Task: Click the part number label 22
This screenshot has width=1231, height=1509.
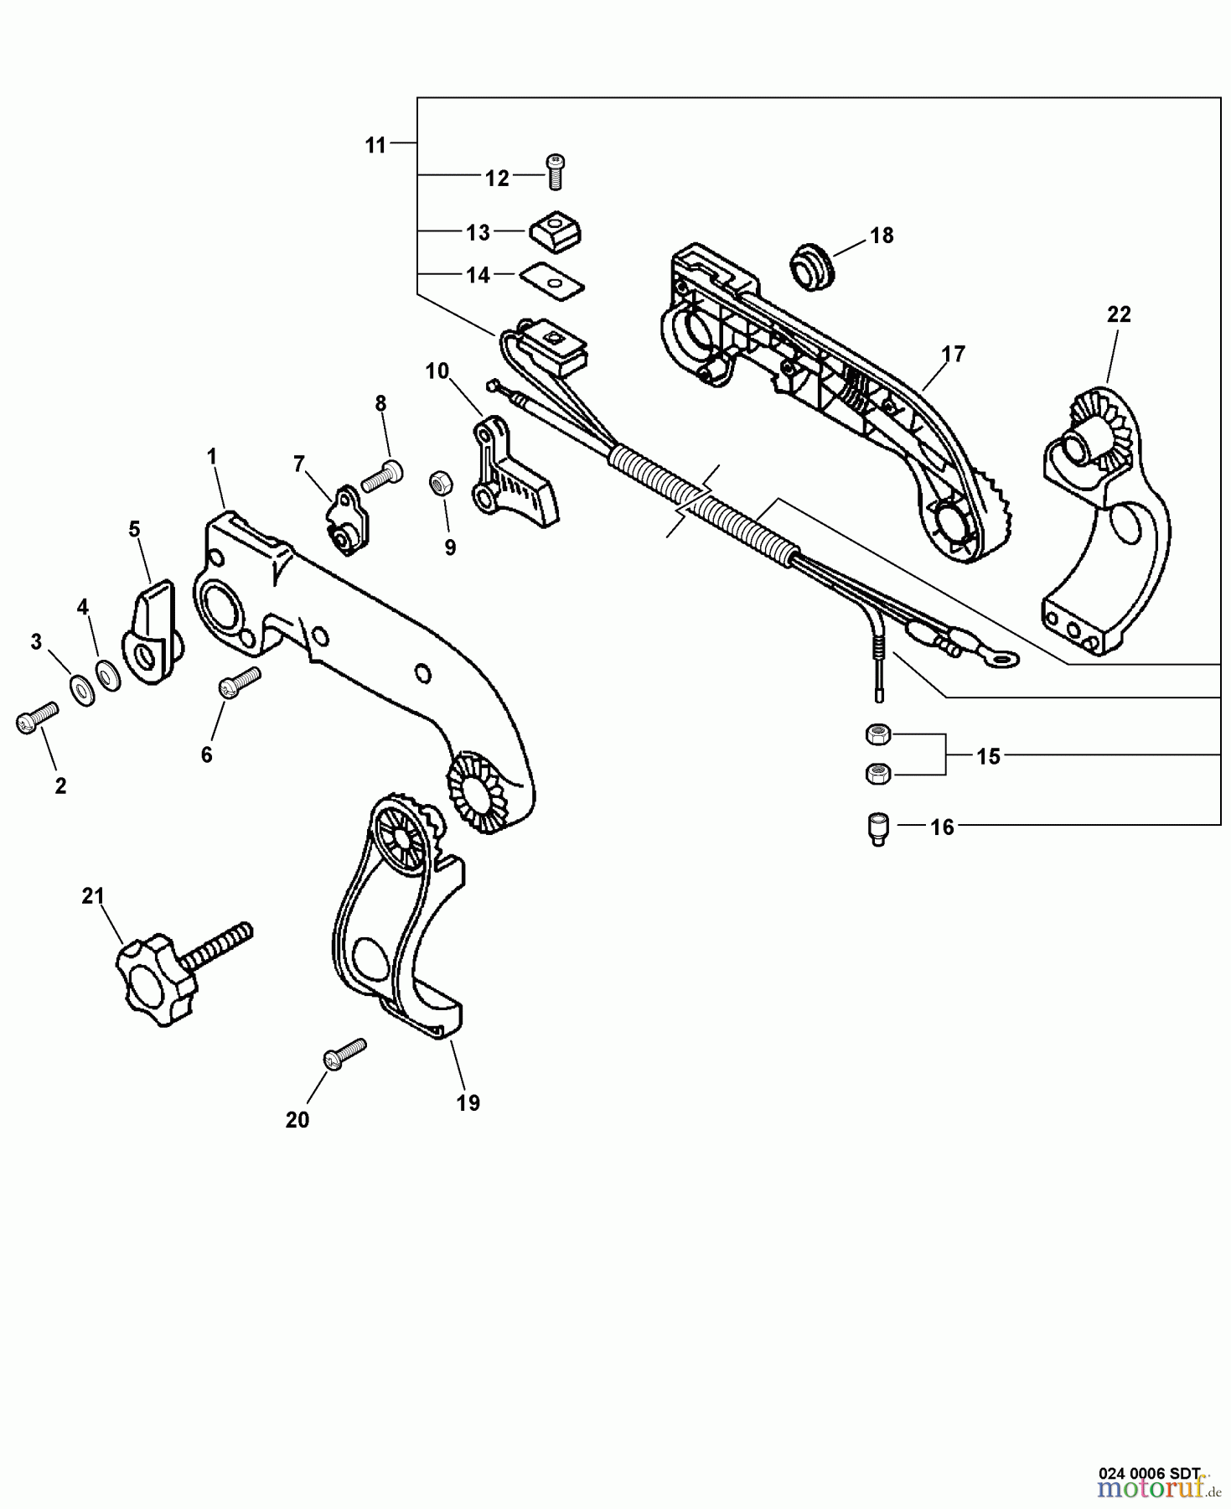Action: (x=1118, y=314)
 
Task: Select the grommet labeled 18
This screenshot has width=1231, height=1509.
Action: (x=811, y=267)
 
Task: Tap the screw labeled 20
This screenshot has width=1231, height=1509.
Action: (x=344, y=1053)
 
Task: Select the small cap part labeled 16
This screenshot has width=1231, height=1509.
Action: (x=877, y=829)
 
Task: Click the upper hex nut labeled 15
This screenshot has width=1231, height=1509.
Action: (x=877, y=734)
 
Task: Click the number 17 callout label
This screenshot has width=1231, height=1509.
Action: (x=953, y=354)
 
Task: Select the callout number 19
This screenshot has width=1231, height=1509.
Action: (x=468, y=1102)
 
